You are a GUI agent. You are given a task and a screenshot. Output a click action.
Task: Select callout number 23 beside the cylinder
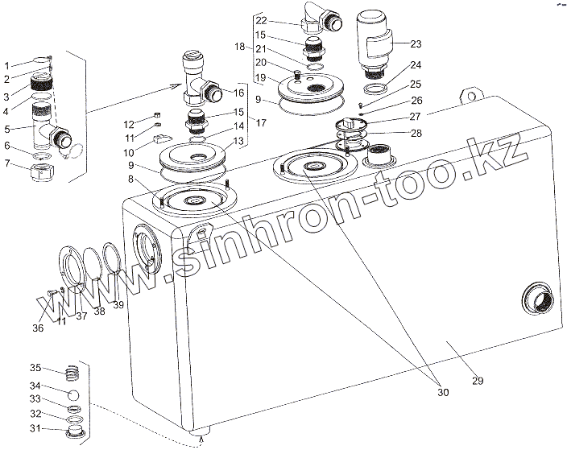416,44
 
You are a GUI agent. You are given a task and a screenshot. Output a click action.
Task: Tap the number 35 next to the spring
35,368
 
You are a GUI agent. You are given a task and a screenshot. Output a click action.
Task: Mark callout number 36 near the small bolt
37,328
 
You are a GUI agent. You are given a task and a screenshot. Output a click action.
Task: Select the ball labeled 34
72,395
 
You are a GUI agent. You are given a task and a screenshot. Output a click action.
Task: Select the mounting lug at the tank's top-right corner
466,96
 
